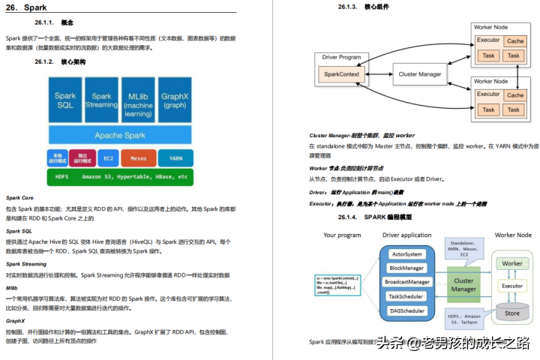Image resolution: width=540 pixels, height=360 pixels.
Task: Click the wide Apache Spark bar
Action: tap(119, 135)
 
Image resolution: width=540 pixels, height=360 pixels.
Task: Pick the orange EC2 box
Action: tap(108, 158)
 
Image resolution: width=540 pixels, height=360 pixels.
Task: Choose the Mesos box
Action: tap(139, 158)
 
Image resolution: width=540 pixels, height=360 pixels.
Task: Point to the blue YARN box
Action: tap(175, 158)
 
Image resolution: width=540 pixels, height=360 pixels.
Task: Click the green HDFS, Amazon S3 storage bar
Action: tap(119, 177)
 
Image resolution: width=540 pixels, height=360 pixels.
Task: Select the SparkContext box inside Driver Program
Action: tap(341, 75)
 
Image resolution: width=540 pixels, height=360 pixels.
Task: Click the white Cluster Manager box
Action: tap(419, 75)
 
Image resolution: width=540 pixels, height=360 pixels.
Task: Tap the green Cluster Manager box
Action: tap(463, 284)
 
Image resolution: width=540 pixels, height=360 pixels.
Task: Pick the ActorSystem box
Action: tap(408, 254)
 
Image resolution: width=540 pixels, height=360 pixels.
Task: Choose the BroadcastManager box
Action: tap(408, 282)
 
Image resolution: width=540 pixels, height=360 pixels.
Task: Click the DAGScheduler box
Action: tap(408, 310)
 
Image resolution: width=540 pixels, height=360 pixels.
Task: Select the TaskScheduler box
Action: tap(408, 296)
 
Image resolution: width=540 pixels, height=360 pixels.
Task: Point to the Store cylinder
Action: tap(512, 313)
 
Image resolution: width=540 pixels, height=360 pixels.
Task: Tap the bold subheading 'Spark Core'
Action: tap(19, 197)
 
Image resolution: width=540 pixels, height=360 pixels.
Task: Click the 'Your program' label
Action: tap(343, 235)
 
